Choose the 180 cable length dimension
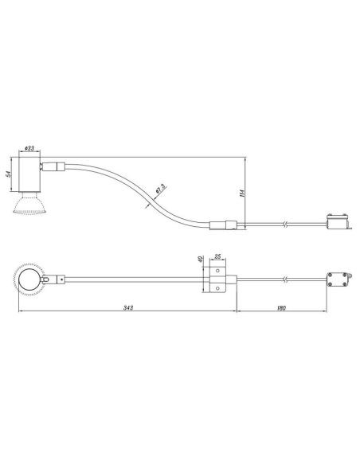(283, 307)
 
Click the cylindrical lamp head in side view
(29, 174)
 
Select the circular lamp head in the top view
(29, 279)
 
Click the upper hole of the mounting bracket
(216, 272)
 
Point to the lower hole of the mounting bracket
(216, 287)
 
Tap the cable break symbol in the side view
(284, 225)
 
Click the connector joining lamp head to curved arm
(53, 167)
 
